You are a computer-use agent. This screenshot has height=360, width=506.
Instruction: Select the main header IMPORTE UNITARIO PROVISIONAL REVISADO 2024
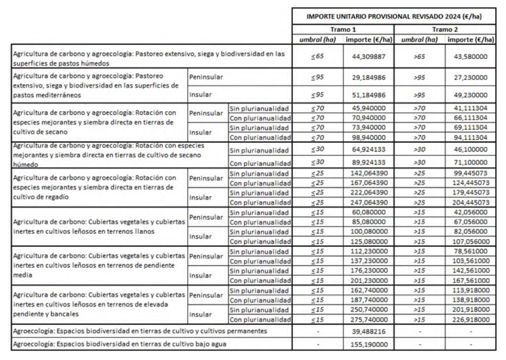[394, 16]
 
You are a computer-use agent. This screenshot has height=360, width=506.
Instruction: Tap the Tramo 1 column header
[343, 29]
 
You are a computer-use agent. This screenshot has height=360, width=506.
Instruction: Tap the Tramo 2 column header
[444, 29]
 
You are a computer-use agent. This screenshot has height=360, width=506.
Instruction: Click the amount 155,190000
[369, 344]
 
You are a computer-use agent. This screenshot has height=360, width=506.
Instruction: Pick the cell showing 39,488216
[369, 331]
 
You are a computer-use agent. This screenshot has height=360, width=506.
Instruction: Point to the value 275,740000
[369, 319]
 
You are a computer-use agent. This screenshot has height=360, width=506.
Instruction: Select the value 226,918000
[470, 319]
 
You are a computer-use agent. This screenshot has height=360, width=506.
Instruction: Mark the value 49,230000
[470, 95]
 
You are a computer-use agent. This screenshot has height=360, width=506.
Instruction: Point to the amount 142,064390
[369, 173]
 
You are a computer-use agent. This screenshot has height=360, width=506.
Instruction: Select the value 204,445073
[470, 202]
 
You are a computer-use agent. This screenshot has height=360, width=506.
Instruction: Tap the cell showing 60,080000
[369, 212]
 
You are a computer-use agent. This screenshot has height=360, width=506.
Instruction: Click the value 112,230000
[369, 251]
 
